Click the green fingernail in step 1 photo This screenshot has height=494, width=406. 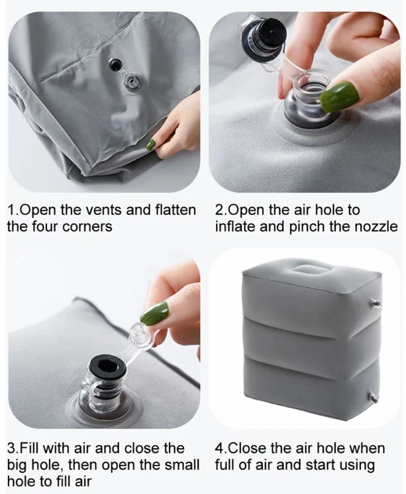[152, 145]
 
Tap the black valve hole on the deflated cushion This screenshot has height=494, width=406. [114, 64]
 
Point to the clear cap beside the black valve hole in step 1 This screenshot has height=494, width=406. [131, 82]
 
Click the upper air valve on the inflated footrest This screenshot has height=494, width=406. [375, 304]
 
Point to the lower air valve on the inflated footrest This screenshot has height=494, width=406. [372, 397]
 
